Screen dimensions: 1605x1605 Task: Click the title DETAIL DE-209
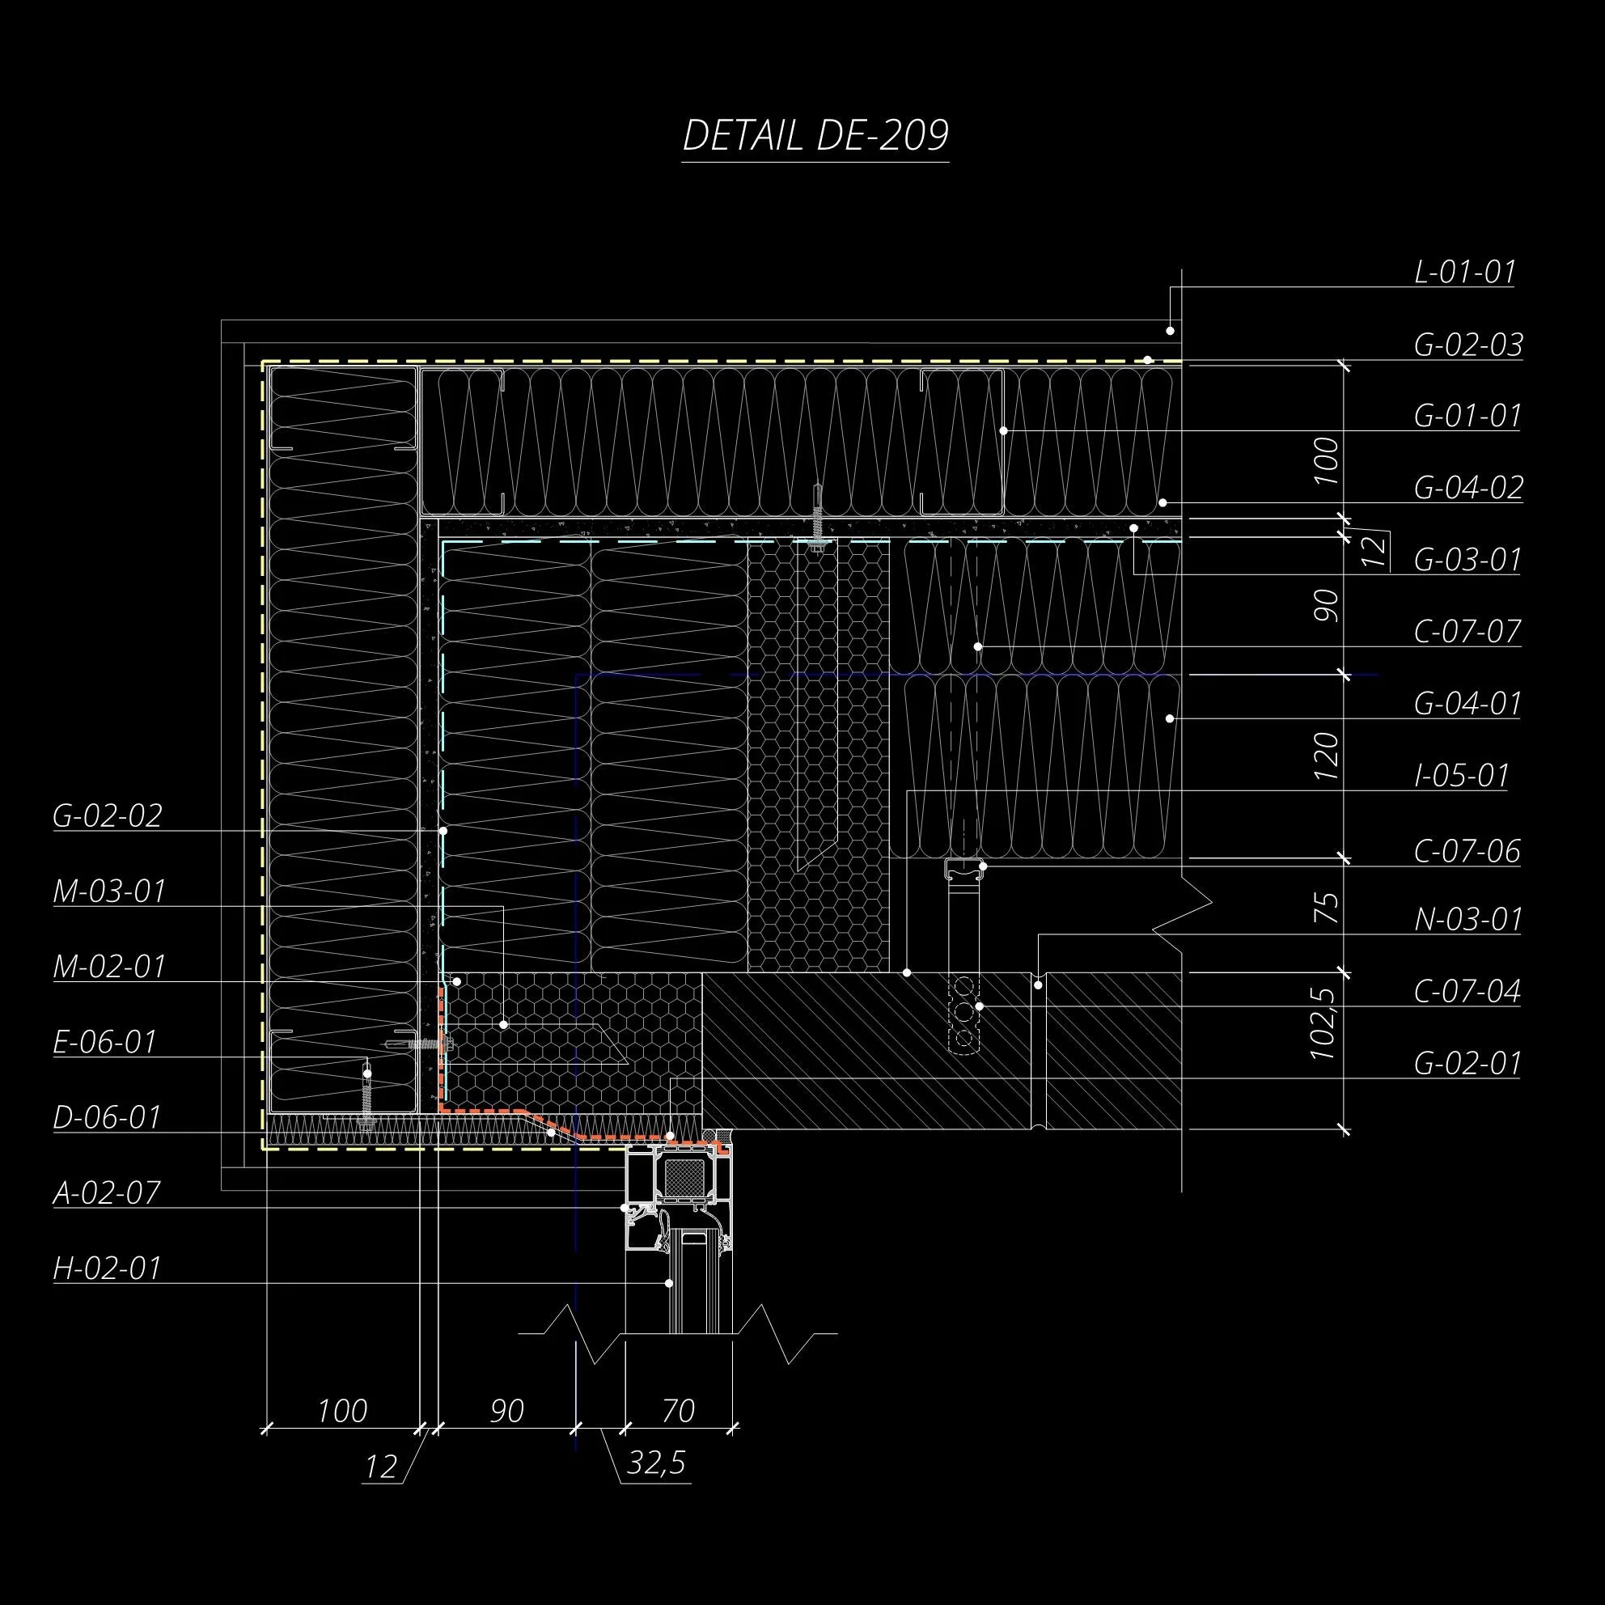pyautogui.click(x=815, y=135)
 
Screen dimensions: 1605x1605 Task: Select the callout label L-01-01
pyautogui.click(x=1464, y=273)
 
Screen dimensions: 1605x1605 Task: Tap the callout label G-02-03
pyautogui.click(x=1468, y=345)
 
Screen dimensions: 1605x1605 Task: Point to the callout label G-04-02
pyautogui.click(x=1468, y=488)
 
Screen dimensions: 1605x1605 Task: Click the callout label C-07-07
pyautogui.click(x=1467, y=632)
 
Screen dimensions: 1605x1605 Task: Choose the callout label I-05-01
pyautogui.click(x=1461, y=776)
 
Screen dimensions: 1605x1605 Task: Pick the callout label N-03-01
pyautogui.click(x=1467, y=921)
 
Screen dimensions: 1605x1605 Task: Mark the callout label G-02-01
pyautogui.click(x=1467, y=1064)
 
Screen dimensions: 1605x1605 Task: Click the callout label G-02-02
pyautogui.click(x=107, y=816)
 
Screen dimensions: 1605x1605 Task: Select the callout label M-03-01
pyautogui.click(x=110, y=892)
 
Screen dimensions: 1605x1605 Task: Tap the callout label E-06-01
pyautogui.click(x=104, y=1043)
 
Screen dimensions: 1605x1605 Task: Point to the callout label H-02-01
pyautogui.click(x=106, y=1268)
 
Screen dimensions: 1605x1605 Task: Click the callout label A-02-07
pyautogui.click(x=106, y=1194)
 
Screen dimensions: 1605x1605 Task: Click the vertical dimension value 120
pyautogui.click(x=1326, y=755)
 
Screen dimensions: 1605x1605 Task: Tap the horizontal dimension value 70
pyautogui.click(x=678, y=1411)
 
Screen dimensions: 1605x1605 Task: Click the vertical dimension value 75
pyautogui.click(x=1328, y=908)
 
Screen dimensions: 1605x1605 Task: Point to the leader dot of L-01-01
pyautogui.click(x=1170, y=331)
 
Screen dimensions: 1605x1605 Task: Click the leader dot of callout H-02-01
pyautogui.click(x=670, y=1284)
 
